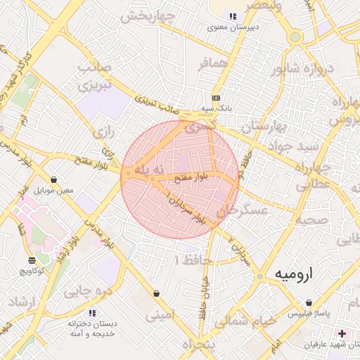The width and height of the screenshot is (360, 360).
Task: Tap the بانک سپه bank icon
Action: point(216,98)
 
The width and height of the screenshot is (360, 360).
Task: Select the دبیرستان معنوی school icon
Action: point(233,17)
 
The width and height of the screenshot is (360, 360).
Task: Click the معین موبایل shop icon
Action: point(54,179)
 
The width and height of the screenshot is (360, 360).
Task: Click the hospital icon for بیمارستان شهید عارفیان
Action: point(342,333)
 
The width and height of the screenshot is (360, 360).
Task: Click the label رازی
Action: point(105,131)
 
